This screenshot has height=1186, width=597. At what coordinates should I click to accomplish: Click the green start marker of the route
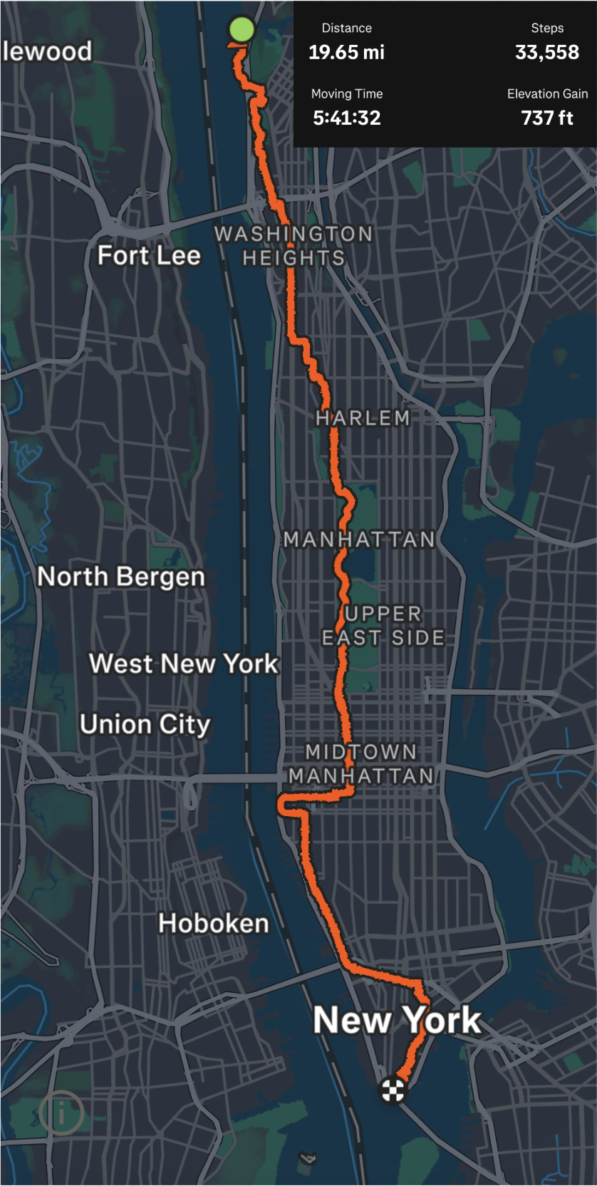[x=242, y=30]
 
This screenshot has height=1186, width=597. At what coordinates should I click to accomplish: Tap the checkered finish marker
[x=393, y=1090]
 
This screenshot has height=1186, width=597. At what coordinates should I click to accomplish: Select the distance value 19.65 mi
[x=346, y=52]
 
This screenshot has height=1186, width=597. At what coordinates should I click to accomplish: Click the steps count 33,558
[x=546, y=52]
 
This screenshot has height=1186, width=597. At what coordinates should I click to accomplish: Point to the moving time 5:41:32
[x=346, y=118]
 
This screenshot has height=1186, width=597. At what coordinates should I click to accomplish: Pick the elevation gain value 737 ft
[x=546, y=118]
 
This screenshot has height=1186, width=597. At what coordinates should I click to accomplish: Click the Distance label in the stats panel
[x=346, y=29]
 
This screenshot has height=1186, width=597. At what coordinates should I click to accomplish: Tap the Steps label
[x=546, y=29]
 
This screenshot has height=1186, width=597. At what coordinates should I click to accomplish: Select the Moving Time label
[x=346, y=94]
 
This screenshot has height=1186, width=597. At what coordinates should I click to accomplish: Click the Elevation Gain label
[x=546, y=94]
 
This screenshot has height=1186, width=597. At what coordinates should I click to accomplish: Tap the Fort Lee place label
[x=149, y=255]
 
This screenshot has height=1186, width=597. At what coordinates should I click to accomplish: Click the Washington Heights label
[x=294, y=245]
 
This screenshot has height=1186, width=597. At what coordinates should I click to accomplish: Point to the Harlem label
[x=363, y=418]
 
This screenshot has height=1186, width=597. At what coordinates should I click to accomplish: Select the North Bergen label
[x=121, y=576]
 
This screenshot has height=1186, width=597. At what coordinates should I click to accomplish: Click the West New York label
[x=183, y=664]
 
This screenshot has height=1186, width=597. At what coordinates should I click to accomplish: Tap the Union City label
[x=145, y=724]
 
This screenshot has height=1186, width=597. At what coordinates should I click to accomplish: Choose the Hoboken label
[x=213, y=923]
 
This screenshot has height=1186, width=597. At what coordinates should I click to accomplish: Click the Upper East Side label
[x=383, y=625]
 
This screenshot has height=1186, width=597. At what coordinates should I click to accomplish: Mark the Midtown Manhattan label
[x=361, y=763]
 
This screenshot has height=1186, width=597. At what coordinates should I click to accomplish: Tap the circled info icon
[x=61, y=1113]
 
